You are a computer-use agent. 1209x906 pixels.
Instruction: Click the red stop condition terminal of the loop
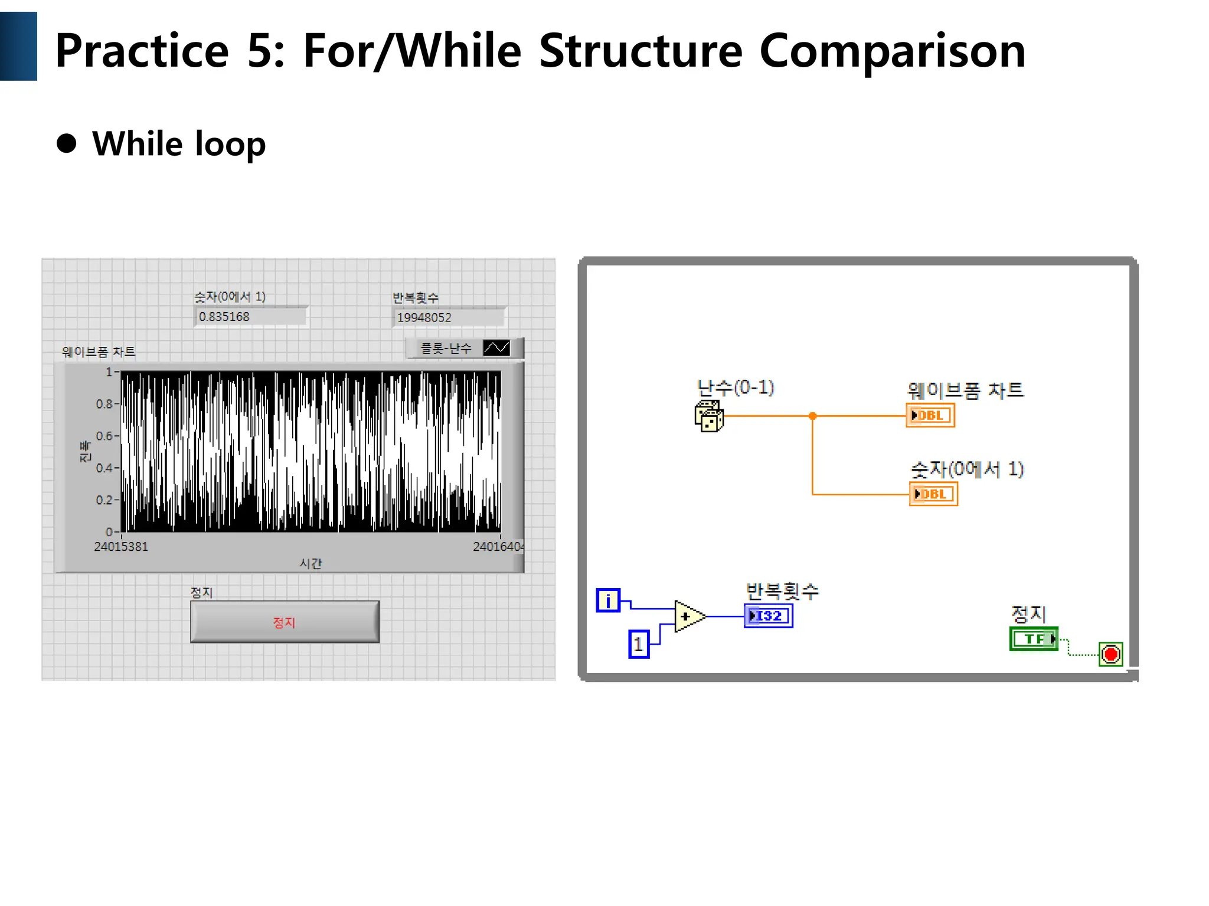coord(1110,654)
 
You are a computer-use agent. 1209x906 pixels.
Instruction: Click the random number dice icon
coord(708,416)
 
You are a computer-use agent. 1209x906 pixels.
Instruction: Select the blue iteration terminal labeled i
coord(608,600)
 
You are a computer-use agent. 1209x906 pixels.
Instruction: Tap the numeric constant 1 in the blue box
coord(639,644)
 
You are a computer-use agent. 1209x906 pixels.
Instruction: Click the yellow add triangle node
coord(688,616)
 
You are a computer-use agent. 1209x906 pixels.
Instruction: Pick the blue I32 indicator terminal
coord(768,616)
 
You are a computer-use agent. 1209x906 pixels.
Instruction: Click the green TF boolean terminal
coord(1034,639)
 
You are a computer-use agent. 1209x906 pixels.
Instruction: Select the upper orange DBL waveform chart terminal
coord(930,415)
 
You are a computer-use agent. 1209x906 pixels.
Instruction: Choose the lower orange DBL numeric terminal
coord(933,494)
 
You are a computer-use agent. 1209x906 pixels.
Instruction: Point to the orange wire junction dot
coord(812,416)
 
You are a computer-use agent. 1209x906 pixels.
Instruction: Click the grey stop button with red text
coord(285,622)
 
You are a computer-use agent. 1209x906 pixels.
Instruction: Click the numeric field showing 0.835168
coord(250,317)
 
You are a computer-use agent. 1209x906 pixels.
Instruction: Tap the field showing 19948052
coord(447,317)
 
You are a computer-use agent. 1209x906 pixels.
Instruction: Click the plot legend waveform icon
coord(496,348)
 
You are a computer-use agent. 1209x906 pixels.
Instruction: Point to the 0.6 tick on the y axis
coord(105,436)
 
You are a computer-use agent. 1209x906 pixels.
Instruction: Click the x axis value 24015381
coord(121,547)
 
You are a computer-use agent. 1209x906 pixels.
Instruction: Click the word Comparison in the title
coord(892,51)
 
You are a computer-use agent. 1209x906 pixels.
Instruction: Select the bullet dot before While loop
coord(67,143)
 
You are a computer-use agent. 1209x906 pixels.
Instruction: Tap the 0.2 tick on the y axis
coord(105,500)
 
